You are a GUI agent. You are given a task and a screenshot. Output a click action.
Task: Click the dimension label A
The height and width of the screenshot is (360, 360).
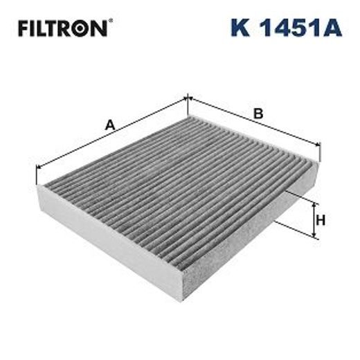click(109, 125)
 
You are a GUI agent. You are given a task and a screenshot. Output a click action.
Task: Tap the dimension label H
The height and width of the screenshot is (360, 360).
click(321, 221)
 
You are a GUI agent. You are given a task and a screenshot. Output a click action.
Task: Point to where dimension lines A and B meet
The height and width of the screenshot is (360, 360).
click(188, 99)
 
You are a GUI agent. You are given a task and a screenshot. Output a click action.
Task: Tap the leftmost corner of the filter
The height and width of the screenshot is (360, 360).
click(41, 186)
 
